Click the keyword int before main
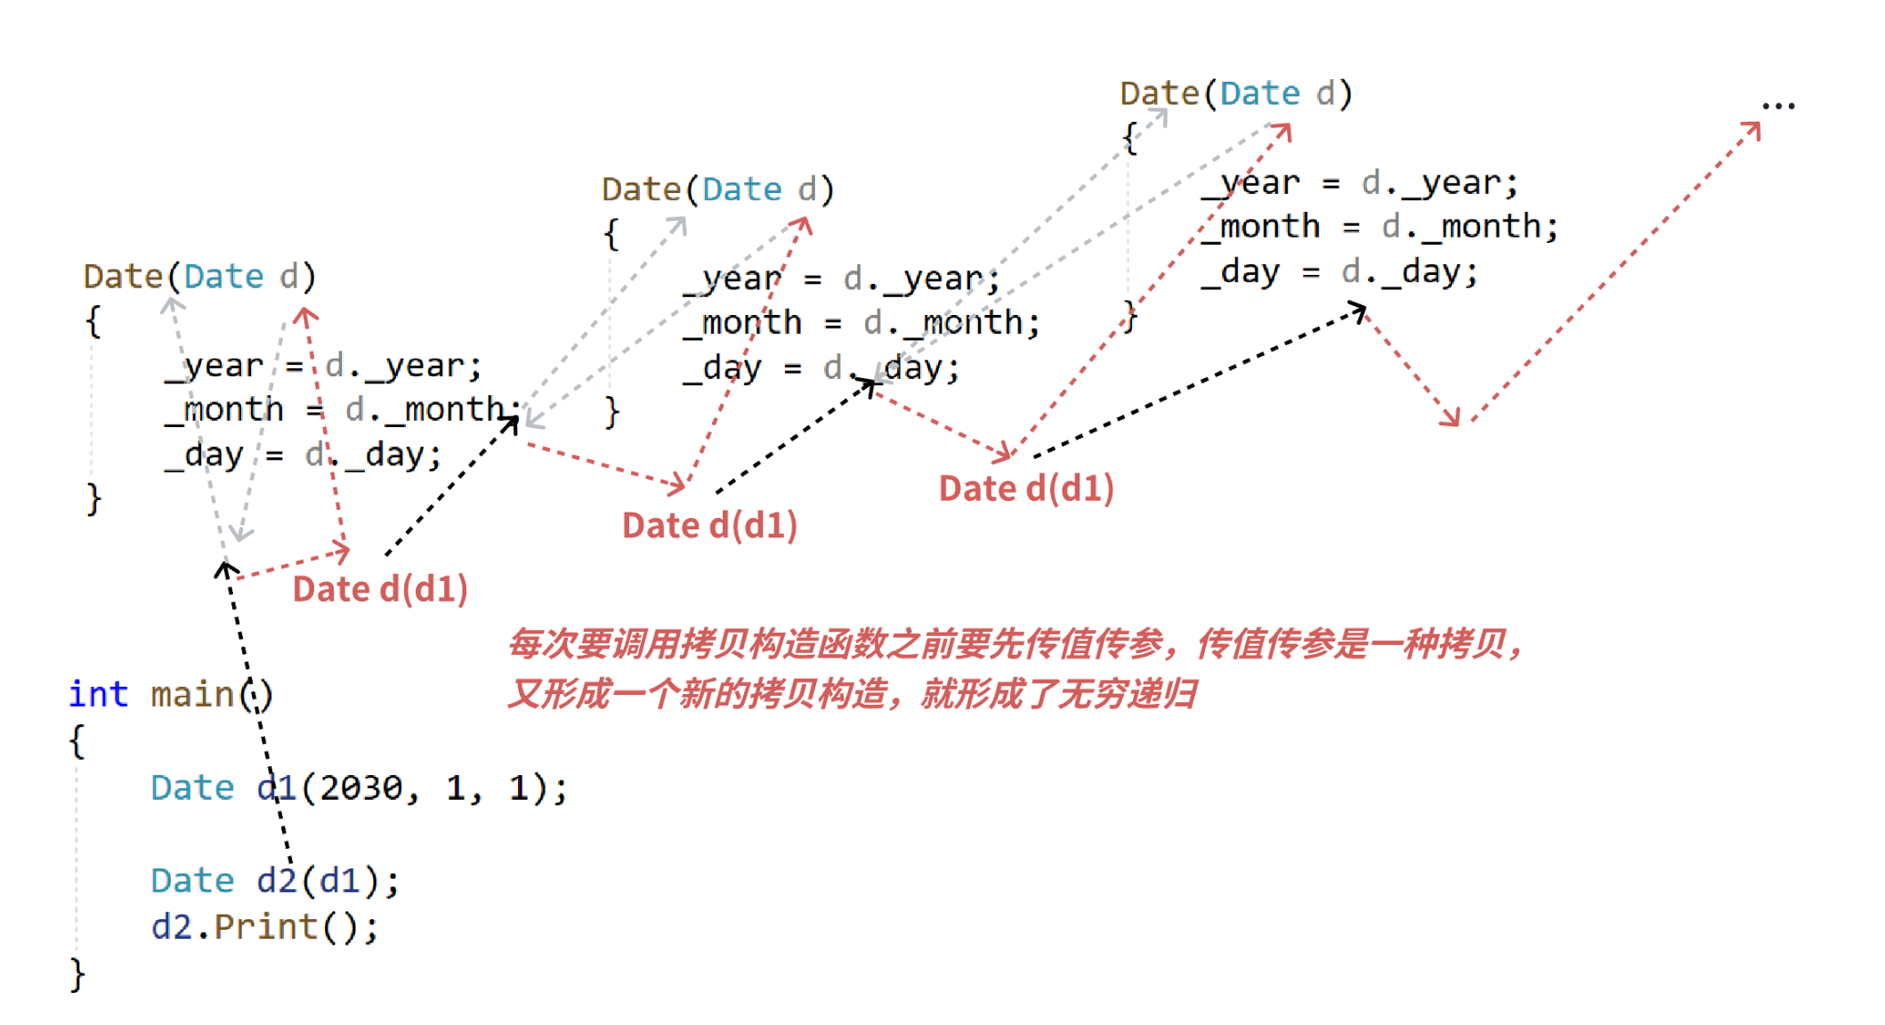click(x=98, y=694)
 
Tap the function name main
click(x=191, y=694)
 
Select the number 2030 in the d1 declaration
click(x=361, y=788)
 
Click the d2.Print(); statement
click(x=264, y=927)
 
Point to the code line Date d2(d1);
click(x=275, y=881)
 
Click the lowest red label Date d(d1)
click(x=380, y=589)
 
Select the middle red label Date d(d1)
click(x=709, y=526)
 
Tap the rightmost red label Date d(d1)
click(x=1026, y=488)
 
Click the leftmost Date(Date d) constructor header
click(x=199, y=277)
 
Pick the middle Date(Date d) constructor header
click(x=717, y=190)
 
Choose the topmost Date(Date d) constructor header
click(x=1235, y=93)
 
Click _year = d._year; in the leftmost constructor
click(x=323, y=366)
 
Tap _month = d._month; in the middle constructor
click(x=862, y=322)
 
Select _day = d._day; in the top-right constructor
click(x=1339, y=271)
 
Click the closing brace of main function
click(x=77, y=974)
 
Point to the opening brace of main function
click(x=77, y=741)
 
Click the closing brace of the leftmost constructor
click(x=93, y=498)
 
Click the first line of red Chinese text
click(x=1015, y=644)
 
